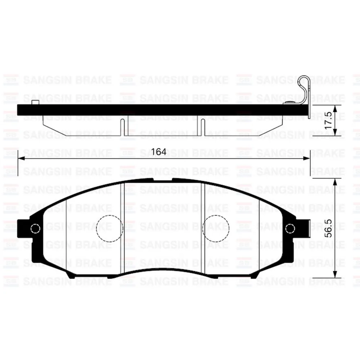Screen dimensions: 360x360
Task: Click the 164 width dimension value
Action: [159, 152]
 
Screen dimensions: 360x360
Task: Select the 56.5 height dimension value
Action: [328, 228]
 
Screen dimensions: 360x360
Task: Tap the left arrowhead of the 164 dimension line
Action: [21, 158]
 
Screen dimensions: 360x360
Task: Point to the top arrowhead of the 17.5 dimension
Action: [335, 108]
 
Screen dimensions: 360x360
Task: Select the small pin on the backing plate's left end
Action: [35, 103]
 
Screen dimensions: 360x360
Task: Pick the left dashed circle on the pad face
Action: [110, 228]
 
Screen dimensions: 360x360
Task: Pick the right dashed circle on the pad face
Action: [216, 228]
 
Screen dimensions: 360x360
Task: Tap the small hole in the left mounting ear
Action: [35, 228]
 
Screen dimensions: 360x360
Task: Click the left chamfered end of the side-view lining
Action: [54, 128]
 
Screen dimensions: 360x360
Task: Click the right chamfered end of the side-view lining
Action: [270, 128]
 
